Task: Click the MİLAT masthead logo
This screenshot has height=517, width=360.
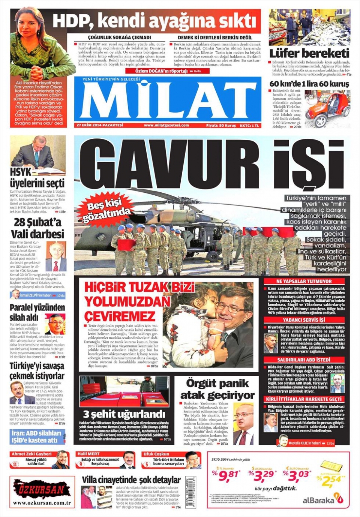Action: pyautogui.click(x=167, y=100)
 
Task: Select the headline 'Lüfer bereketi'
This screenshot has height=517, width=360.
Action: pyautogui.click(x=309, y=53)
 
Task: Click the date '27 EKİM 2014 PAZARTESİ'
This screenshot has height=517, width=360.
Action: pyautogui.click(x=100, y=125)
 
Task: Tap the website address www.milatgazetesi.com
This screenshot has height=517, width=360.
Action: pyautogui.click(x=166, y=125)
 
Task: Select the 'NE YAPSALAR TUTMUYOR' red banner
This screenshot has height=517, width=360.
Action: pyautogui.click(x=304, y=281)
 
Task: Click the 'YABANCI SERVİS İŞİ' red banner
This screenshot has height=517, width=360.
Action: pyautogui.click(x=304, y=320)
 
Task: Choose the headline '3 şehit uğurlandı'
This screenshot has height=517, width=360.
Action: pyautogui.click(x=124, y=414)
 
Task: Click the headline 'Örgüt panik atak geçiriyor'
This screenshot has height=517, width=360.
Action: pyautogui.click(x=217, y=389)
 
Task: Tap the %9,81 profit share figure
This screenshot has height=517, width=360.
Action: pyautogui.click(x=226, y=475)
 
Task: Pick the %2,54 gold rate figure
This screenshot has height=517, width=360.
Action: pyautogui.click(x=330, y=480)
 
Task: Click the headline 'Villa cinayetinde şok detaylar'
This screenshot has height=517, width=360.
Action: pyautogui.click(x=131, y=480)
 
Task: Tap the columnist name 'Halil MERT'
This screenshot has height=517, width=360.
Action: pyautogui.click(x=88, y=454)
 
